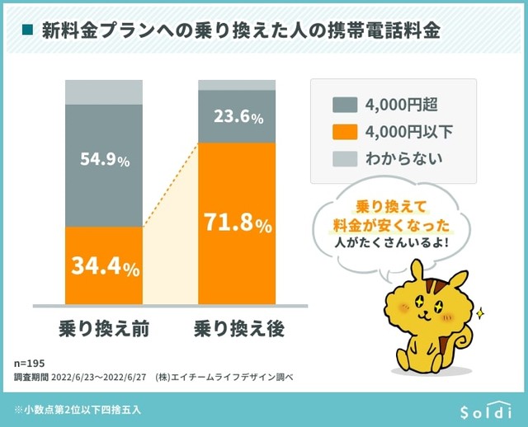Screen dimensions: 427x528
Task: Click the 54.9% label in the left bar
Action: (x=105, y=161)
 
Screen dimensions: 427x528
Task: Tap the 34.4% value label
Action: (x=105, y=267)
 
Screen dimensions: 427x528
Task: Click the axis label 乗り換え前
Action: (x=104, y=328)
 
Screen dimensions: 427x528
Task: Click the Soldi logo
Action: (x=486, y=410)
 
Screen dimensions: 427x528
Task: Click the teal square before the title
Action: (x=27, y=30)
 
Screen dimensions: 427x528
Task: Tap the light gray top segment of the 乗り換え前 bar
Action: (x=105, y=92)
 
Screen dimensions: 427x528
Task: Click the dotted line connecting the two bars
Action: (x=171, y=185)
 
